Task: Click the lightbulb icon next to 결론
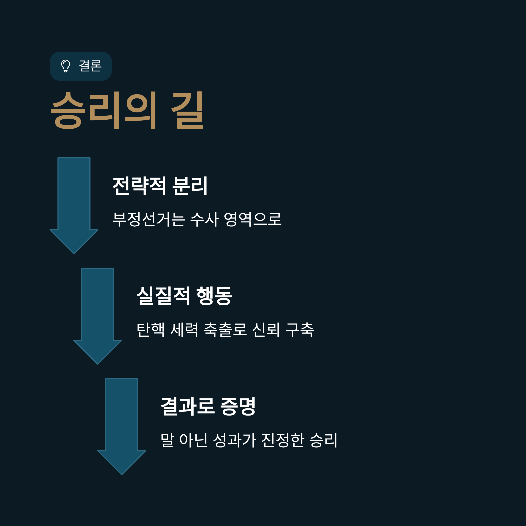click(66, 66)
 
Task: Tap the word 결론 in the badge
click(90, 66)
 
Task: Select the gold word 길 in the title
click(187, 110)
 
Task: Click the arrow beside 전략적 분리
click(74, 204)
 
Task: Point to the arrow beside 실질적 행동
click(98, 315)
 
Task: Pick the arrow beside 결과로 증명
click(122, 425)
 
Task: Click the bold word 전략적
click(139, 186)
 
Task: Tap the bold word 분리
click(190, 186)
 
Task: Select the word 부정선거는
click(149, 219)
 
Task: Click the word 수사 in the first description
click(204, 219)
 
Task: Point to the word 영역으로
click(252, 219)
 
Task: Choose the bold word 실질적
click(163, 296)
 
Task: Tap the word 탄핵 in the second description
click(151, 330)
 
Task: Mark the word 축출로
click(225, 330)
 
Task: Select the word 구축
click(299, 330)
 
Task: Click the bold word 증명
click(238, 406)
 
